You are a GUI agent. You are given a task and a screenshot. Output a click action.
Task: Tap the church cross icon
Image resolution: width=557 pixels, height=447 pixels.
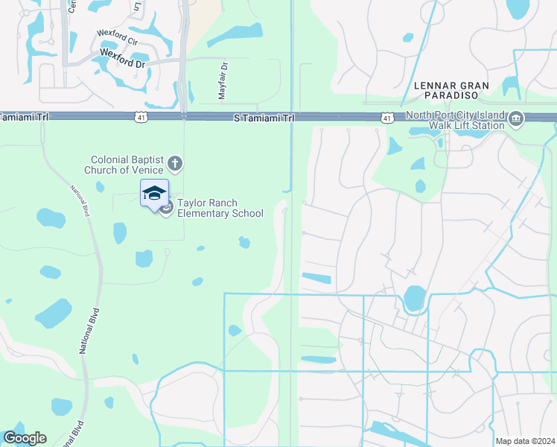175,163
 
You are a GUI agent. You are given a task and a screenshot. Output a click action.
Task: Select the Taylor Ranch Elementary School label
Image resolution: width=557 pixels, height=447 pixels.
220,208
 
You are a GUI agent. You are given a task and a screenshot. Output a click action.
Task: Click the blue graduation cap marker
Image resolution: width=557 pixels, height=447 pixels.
154,194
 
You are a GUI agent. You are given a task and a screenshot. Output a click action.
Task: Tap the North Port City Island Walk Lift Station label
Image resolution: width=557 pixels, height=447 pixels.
454,121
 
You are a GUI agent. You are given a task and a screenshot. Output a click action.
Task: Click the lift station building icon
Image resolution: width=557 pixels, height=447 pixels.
516,118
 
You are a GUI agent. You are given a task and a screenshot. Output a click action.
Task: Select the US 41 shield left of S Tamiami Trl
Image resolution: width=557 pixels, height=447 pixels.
141,118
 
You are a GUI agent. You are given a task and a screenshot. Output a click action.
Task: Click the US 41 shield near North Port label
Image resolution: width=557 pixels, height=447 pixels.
386,118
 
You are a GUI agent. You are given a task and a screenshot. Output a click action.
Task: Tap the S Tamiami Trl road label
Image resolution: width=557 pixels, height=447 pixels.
264,118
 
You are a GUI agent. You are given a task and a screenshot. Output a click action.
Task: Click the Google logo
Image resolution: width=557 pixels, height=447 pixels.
24,438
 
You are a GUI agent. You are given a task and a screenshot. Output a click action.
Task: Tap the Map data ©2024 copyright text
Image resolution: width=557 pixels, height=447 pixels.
525,441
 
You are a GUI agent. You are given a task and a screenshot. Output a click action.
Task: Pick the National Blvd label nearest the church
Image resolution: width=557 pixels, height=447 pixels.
81,200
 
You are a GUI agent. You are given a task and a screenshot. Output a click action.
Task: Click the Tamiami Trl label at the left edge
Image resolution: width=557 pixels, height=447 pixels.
22,117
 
